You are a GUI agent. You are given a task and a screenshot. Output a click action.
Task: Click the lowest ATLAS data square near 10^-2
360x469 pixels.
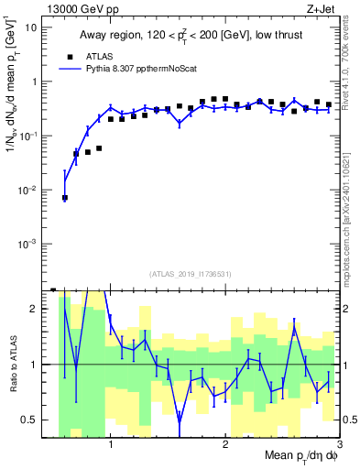(64, 197)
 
